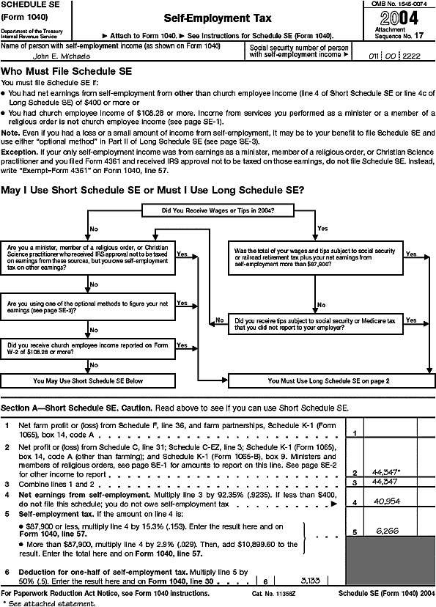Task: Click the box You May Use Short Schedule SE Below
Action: tap(88, 381)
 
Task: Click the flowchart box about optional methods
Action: tap(88, 306)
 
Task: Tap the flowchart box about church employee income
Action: tap(88, 348)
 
